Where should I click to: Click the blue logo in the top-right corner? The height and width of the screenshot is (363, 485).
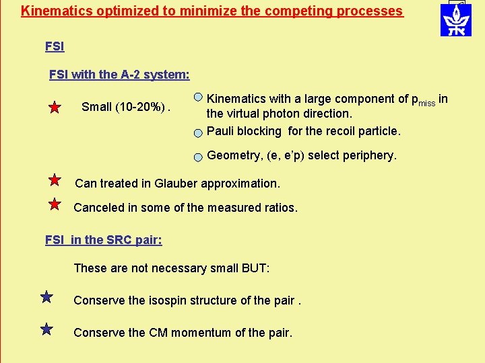click(x=456, y=19)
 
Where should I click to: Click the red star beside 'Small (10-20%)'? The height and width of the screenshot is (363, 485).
click(x=55, y=108)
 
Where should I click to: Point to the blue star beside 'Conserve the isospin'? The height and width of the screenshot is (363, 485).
click(x=46, y=296)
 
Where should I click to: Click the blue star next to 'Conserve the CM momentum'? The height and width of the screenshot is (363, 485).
click(x=46, y=329)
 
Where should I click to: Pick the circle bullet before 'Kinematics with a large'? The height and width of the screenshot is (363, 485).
click(x=198, y=98)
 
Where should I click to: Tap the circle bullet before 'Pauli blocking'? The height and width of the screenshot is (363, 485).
click(x=198, y=132)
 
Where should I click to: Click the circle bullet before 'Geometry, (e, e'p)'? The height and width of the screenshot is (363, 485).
click(x=198, y=157)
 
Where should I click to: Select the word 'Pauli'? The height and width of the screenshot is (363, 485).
click(x=222, y=131)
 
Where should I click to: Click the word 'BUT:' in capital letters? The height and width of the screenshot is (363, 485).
click(x=255, y=268)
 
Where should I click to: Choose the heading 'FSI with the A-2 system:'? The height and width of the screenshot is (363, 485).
click(x=119, y=75)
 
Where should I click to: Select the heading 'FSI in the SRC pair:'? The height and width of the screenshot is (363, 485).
click(x=103, y=240)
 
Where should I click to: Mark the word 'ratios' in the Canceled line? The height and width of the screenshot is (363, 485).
click(x=280, y=208)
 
